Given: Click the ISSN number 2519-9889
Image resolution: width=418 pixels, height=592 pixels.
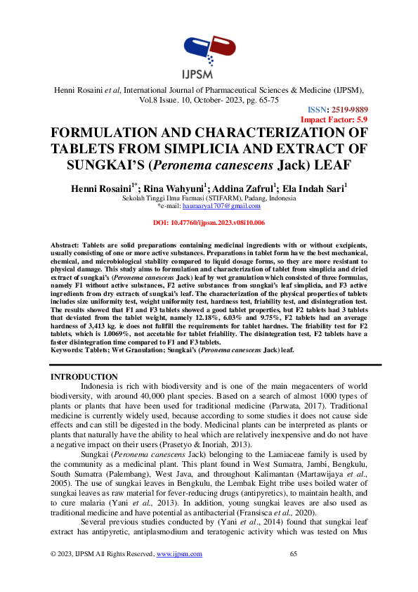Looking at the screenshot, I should point(346,110).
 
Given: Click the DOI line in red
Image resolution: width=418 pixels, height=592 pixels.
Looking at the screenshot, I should point(209,223).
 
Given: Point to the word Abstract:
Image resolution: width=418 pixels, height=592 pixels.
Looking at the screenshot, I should point(66,243).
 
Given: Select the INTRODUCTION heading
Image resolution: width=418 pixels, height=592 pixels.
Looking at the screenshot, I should point(85,378).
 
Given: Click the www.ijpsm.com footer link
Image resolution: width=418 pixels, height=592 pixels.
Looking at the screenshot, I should point(179,554).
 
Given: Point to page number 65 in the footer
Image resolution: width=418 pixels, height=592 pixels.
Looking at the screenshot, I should point(294,554).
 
